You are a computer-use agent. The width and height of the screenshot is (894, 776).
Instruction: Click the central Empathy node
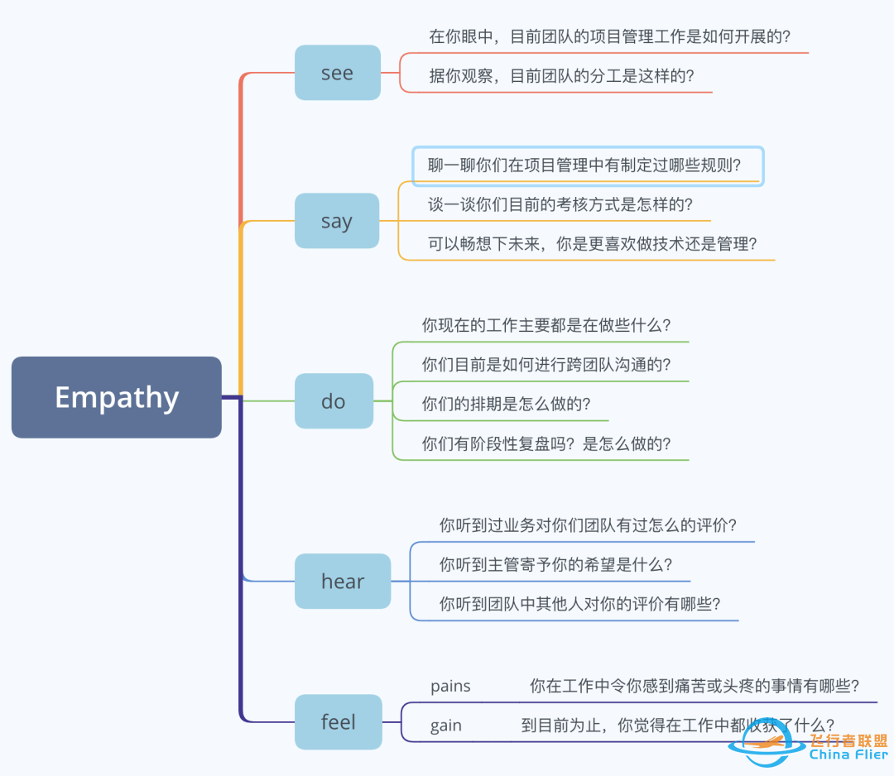(x=117, y=397)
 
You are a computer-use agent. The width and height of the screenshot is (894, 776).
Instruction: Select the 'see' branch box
(x=337, y=73)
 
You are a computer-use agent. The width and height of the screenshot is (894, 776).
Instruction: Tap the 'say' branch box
(x=337, y=221)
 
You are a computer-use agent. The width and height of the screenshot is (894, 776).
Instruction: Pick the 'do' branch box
(x=334, y=401)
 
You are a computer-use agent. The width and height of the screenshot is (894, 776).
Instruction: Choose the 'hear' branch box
(x=343, y=582)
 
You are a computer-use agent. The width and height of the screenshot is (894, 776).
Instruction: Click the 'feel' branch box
(x=338, y=722)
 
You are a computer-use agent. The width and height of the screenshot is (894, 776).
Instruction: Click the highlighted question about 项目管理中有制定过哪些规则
(x=585, y=165)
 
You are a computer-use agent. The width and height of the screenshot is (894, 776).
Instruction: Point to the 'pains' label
(x=450, y=686)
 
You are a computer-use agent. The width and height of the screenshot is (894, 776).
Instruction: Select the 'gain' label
(x=446, y=726)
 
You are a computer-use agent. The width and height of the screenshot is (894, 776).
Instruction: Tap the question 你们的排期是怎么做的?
(x=506, y=405)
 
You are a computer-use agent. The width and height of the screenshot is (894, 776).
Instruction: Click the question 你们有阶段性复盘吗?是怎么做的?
(x=546, y=444)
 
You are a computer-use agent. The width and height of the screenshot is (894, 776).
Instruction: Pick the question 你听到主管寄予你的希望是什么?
(x=555, y=565)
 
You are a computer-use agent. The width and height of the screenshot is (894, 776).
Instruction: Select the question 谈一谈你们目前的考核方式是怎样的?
(x=560, y=204)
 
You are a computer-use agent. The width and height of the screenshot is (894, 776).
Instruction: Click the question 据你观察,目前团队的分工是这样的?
(x=561, y=76)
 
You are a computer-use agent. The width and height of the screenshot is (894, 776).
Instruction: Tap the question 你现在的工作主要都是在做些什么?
(x=546, y=325)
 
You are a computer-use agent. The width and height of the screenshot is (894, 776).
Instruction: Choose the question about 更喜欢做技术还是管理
(x=593, y=244)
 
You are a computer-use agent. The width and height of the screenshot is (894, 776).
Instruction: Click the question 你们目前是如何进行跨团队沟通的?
(x=546, y=365)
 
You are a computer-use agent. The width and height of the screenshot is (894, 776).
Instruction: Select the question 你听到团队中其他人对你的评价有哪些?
(x=579, y=605)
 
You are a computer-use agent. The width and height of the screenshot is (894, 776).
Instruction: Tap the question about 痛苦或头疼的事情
(x=694, y=686)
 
